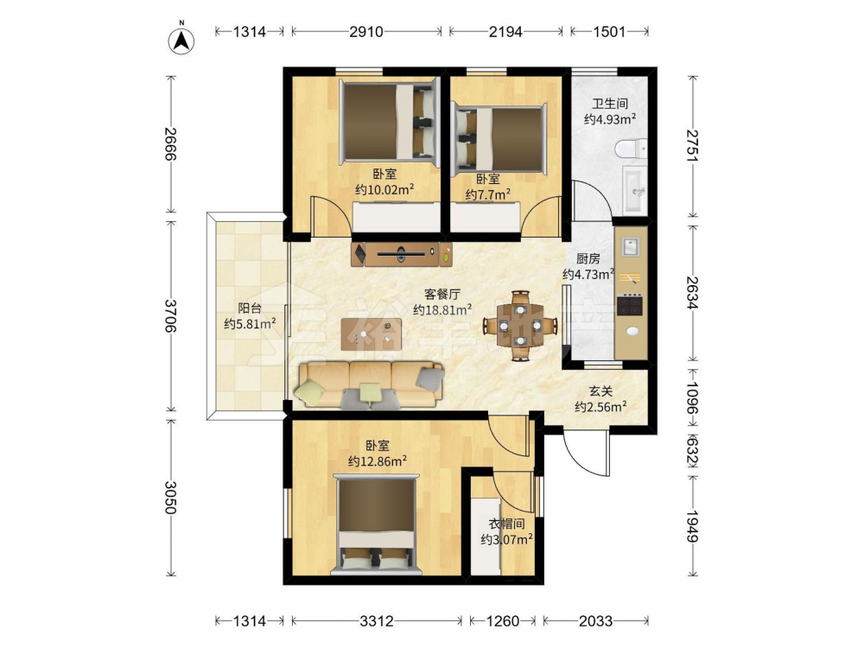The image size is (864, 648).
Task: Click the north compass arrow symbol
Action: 181,39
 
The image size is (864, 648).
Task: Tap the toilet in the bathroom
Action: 632,149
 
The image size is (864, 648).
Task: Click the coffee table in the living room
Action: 372,334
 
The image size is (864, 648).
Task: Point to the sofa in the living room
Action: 370,385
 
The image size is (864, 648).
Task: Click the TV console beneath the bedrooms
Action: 402,254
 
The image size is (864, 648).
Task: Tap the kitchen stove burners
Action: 630,305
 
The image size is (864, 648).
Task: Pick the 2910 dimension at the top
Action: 365,32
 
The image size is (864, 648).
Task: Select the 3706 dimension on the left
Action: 170,315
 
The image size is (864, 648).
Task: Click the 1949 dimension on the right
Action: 693,527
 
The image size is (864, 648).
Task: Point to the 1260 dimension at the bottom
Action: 503,621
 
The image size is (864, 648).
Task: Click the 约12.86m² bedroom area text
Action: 378,461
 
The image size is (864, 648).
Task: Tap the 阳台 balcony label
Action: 250,308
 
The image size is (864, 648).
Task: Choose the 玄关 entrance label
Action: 600,391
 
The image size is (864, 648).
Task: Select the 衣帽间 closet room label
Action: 506,524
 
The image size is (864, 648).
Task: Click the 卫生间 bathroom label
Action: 610,103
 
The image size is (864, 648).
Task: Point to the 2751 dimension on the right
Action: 693,145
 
